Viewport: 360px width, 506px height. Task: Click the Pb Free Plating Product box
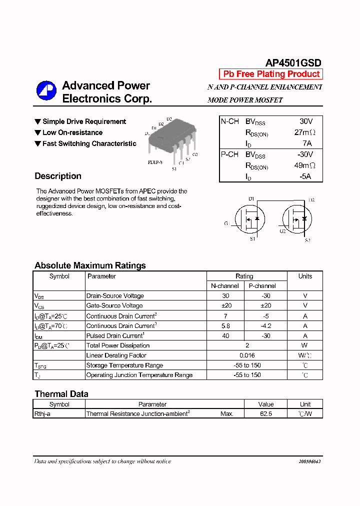271,74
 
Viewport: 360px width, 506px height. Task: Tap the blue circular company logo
46,90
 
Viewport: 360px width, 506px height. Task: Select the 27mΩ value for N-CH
305,132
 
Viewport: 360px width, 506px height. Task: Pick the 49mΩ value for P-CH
305,165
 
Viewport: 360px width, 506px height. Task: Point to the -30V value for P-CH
305,154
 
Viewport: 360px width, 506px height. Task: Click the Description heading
58,176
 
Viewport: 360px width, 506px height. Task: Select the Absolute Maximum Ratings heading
90,265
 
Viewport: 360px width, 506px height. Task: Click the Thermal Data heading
61,394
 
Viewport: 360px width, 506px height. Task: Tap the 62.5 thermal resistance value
266,414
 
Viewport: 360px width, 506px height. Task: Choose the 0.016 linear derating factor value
247,355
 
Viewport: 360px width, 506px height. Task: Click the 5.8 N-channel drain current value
225,325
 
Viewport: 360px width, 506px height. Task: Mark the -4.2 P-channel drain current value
266,325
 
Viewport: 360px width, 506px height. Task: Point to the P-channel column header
262,286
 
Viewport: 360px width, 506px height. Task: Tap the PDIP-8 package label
155,162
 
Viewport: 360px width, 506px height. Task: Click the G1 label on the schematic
227,223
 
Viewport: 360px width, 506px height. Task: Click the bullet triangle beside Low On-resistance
37,132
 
